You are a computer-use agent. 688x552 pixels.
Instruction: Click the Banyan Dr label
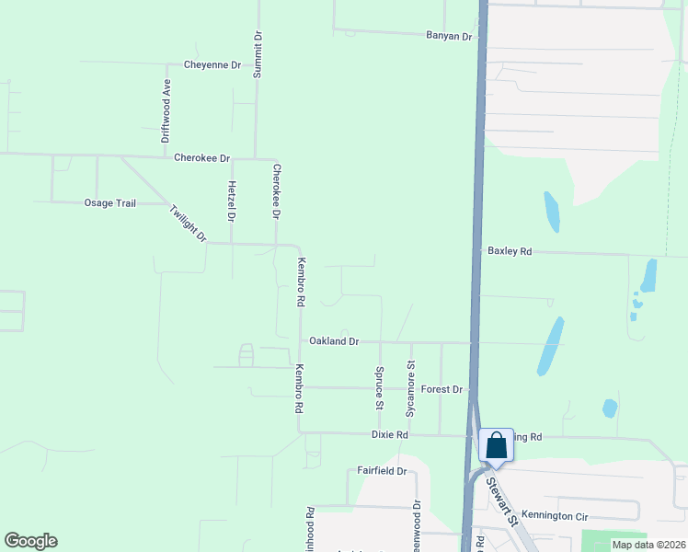click(x=449, y=37)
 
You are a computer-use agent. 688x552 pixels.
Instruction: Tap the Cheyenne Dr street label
click(x=212, y=65)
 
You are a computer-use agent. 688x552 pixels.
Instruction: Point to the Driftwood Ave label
click(x=166, y=110)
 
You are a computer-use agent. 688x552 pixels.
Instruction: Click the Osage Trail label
click(x=110, y=203)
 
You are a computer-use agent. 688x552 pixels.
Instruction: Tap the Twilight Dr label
click(x=189, y=224)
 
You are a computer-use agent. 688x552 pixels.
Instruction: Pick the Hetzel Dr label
click(x=231, y=201)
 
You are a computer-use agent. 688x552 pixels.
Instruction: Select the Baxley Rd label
click(x=510, y=251)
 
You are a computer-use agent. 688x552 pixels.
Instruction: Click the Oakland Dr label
click(x=333, y=341)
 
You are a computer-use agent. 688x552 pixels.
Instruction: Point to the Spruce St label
click(x=379, y=387)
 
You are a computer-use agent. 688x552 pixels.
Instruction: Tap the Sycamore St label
click(x=411, y=377)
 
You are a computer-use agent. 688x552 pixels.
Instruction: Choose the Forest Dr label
click(x=441, y=389)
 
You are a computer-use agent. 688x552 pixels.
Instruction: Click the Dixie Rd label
click(x=389, y=434)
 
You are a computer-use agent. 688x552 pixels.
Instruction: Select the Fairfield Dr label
click(x=382, y=471)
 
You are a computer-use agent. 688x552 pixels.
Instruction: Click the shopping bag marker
click(x=496, y=446)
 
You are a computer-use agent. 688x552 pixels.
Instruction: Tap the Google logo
click(x=30, y=541)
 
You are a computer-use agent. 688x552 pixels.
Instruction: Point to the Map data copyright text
click(x=648, y=545)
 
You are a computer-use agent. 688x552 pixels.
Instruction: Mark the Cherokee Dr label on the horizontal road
click(x=201, y=158)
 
